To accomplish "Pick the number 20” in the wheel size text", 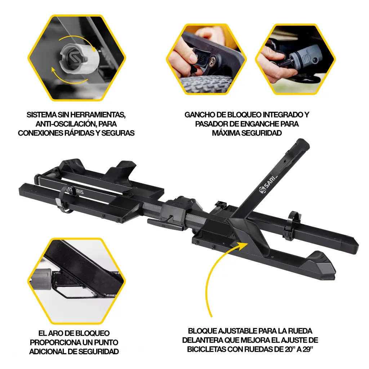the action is point(290,349).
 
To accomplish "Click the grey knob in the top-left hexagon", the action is point(78,59).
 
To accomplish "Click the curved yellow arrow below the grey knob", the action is point(68,80).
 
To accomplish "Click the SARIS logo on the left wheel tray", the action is point(75,190).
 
